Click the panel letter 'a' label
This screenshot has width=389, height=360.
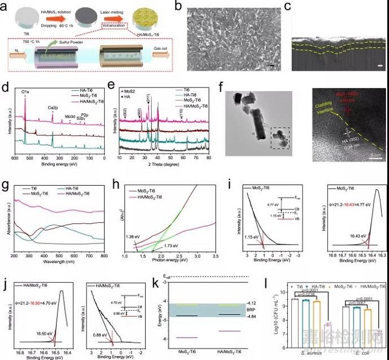click(5, 6)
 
